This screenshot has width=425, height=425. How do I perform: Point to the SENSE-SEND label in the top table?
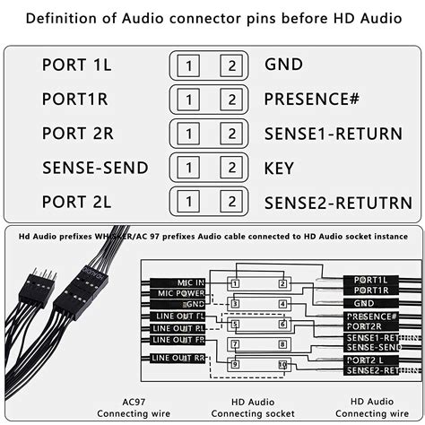[x=95, y=167]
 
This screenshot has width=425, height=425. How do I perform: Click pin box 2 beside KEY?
[x=231, y=167]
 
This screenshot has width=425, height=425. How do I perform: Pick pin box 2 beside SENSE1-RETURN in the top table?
[x=231, y=133]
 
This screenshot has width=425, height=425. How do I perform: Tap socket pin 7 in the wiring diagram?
[x=235, y=343]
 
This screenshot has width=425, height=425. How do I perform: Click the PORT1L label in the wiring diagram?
[x=370, y=280]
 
